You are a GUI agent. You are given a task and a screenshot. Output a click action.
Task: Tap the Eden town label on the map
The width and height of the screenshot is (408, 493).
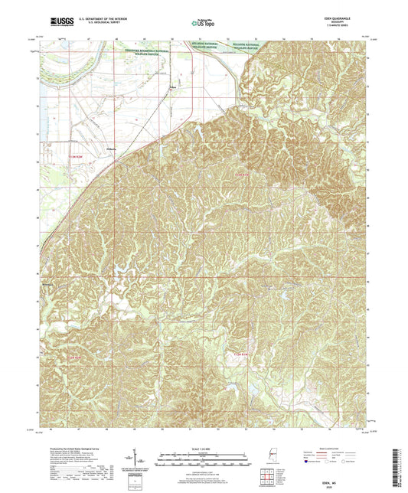[x=173, y=88]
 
